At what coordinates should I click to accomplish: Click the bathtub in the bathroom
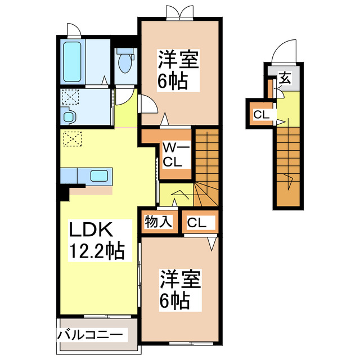click(x=71, y=61)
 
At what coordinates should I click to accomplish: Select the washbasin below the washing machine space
click(x=69, y=118)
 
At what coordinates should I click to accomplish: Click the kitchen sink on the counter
click(x=100, y=175)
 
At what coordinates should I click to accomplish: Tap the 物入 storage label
click(x=157, y=222)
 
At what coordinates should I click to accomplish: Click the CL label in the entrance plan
click(x=260, y=115)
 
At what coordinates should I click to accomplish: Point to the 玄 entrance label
click(x=285, y=78)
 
